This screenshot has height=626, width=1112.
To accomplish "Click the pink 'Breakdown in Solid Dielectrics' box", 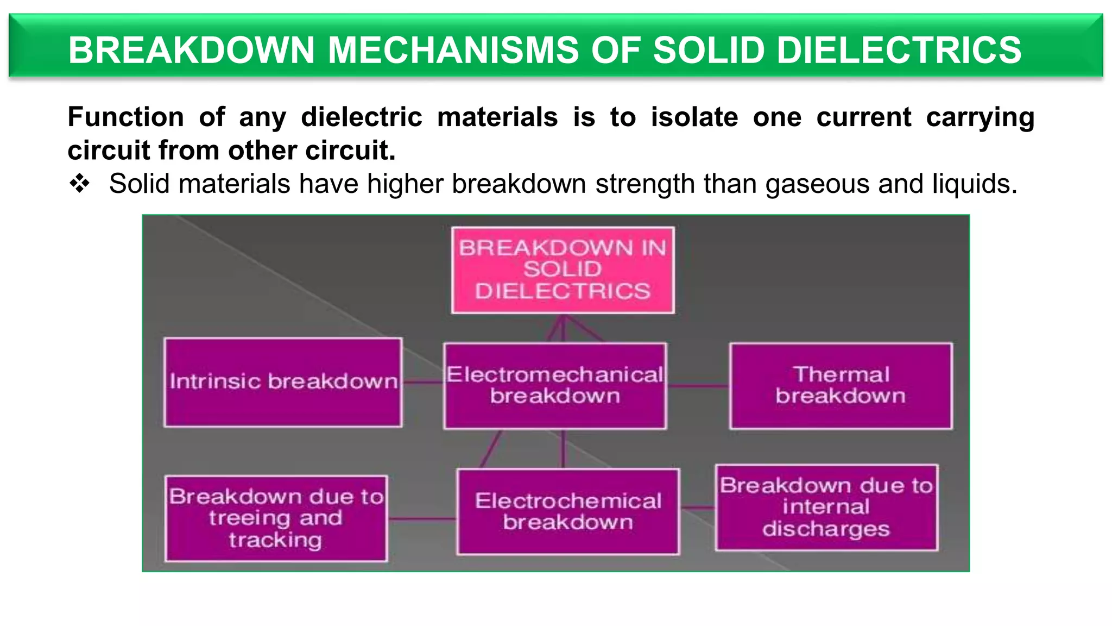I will (563, 270).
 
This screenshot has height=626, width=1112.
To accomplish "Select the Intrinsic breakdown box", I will (283, 382).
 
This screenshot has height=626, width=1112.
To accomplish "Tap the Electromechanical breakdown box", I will (555, 385).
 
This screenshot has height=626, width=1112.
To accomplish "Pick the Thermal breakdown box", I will (841, 385).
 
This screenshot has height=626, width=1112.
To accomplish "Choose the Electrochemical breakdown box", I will (568, 511).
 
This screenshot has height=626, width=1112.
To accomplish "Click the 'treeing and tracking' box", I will (276, 518).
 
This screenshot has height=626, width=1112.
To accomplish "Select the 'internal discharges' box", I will (826, 507).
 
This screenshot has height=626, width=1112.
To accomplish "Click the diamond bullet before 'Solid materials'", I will (79, 184).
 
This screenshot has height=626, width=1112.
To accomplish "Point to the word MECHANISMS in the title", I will (454, 50).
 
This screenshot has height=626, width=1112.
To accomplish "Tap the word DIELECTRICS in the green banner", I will (899, 50).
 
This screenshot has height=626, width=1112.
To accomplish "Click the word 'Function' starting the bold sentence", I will (126, 117).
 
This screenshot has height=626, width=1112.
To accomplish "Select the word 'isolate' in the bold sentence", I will (694, 117).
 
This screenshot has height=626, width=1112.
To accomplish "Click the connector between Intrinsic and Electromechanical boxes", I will (423, 382).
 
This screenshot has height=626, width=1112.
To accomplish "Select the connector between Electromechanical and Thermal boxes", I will (698, 386).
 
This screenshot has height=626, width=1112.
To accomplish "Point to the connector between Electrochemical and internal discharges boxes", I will (698, 508).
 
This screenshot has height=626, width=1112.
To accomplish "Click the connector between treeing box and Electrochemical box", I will (422, 519).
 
